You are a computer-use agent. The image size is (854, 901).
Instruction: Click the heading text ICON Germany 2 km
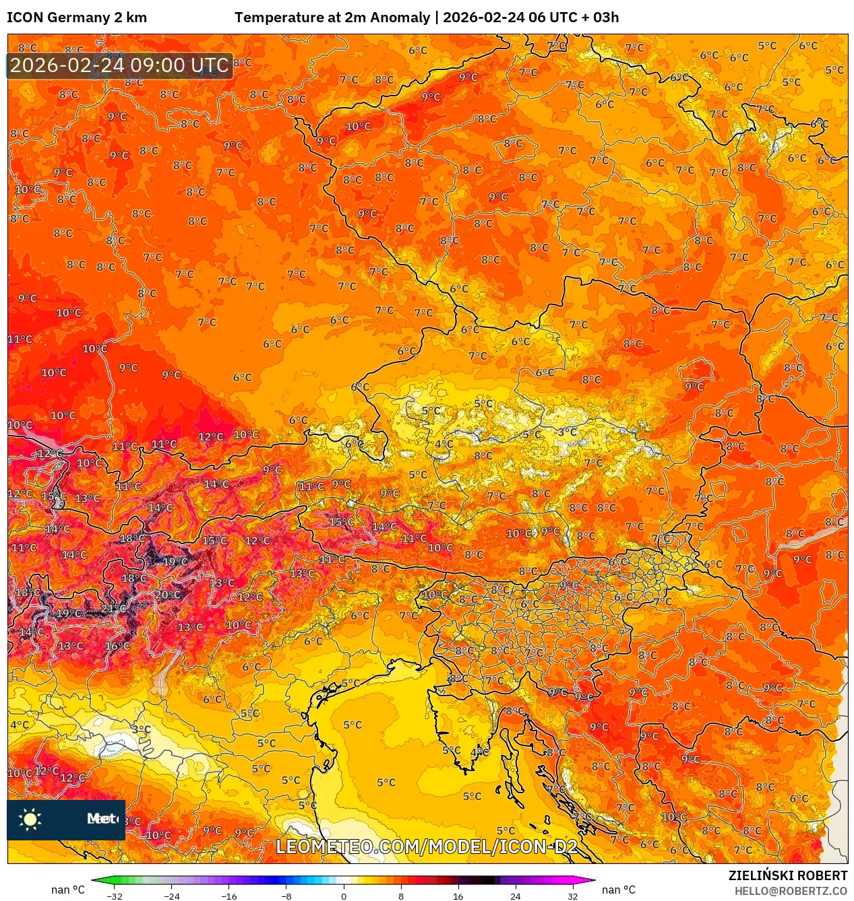pos(77,18)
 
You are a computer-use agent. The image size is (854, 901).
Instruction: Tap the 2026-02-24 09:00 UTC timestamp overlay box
pos(119,66)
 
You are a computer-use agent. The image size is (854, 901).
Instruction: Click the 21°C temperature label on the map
pos(113,609)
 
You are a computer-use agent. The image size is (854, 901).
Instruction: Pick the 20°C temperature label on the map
pos(167,595)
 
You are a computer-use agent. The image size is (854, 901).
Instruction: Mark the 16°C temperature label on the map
pos(117,646)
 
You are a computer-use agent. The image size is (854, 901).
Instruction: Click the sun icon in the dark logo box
pos(30,819)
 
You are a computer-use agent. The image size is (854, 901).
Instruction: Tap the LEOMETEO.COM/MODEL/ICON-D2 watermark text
pos(427,846)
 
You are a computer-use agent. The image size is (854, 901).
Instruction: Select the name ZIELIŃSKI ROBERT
pos(787,875)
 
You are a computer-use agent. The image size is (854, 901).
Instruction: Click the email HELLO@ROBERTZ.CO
pos(791,891)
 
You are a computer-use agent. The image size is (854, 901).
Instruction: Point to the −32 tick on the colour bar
pos(115,896)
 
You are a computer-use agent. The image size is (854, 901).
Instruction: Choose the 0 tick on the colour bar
pos(344,896)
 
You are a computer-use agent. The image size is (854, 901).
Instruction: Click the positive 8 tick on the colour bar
pos(401,896)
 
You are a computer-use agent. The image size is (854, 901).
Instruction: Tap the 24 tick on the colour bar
pos(515,896)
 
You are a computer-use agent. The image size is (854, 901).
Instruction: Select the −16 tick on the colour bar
pos(229,896)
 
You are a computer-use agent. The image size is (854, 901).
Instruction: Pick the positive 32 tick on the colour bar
pos(572,896)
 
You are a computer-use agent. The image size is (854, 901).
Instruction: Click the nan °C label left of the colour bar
pos(68,890)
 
